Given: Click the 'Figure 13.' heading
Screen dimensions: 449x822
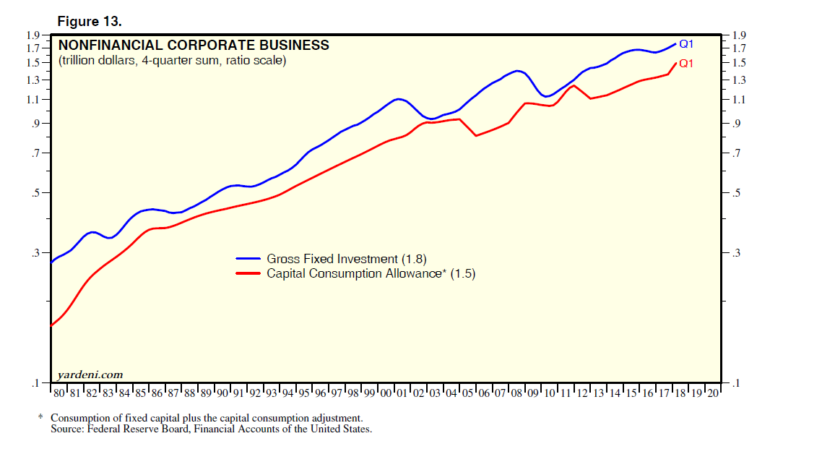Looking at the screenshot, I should [x=95, y=22].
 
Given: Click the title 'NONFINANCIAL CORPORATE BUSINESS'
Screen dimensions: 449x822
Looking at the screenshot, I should [x=194, y=46].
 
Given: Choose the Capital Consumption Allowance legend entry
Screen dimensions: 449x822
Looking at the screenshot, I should [x=371, y=274].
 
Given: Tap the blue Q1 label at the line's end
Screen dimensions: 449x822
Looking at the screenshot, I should [x=686, y=44].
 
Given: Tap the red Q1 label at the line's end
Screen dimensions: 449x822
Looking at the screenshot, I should [x=686, y=63].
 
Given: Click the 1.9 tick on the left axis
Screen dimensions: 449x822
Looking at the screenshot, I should [x=31, y=35].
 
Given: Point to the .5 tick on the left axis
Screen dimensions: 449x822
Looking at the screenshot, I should [x=34, y=193].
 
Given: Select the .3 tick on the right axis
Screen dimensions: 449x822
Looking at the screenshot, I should [x=736, y=253].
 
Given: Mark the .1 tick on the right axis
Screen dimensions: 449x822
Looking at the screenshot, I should [x=736, y=383].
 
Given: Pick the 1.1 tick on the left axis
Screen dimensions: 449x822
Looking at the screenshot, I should [x=31, y=99].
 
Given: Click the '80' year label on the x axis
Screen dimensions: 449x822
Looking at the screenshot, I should [x=60, y=393].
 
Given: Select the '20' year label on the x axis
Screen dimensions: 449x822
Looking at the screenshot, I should [x=713, y=393].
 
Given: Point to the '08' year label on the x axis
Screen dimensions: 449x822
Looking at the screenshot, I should [x=517, y=393].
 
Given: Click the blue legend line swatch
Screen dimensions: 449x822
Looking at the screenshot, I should [x=248, y=259].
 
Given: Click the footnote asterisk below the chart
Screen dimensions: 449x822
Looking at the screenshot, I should [x=40, y=419].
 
